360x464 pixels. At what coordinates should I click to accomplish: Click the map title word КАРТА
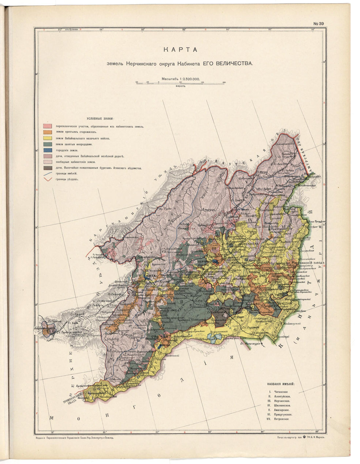click(180, 50)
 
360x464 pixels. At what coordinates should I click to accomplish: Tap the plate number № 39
click(318, 24)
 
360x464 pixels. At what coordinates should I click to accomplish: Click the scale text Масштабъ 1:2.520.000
click(180, 79)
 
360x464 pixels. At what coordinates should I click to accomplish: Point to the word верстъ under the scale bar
click(180, 86)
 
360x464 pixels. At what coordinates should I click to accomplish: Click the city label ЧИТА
click(150, 276)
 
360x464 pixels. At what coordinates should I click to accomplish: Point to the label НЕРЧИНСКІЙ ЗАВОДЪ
click(309, 263)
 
